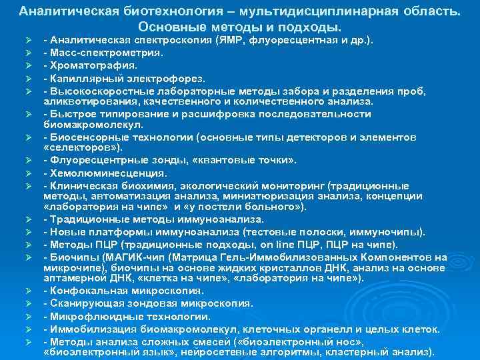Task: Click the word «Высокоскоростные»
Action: [x=93, y=91]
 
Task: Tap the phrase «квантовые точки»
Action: [x=256, y=161]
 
